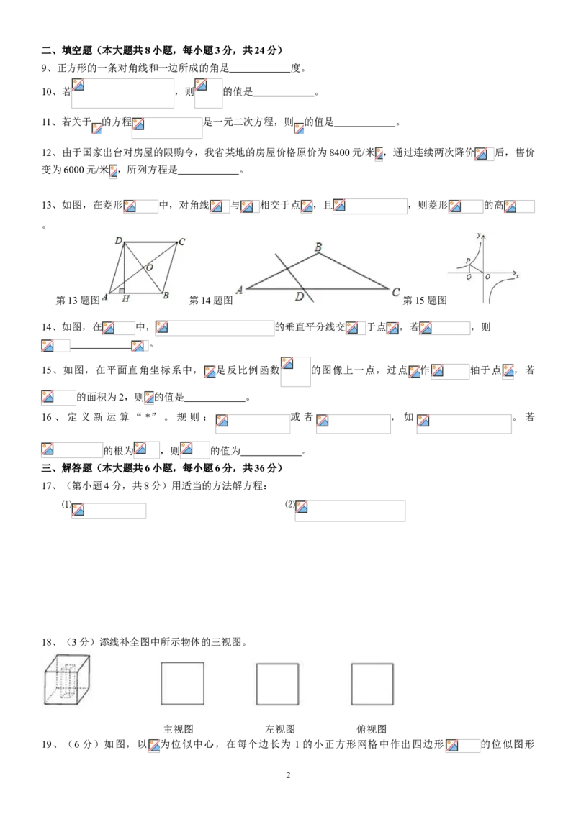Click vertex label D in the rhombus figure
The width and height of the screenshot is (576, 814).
point(119,240)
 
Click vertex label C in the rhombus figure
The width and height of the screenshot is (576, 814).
point(181,242)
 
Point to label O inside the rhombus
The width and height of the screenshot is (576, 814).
point(150,267)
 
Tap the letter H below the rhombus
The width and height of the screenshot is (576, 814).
point(125,298)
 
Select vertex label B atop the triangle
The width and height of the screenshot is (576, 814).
point(318,247)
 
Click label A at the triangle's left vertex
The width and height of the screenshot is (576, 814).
point(239,291)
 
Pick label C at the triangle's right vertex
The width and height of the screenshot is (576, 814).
point(396,292)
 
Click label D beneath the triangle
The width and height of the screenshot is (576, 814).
point(300,296)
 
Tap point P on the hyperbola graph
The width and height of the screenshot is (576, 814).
point(468,260)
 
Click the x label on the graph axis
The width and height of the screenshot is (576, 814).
point(517,276)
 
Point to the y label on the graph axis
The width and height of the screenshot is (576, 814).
point(478,234)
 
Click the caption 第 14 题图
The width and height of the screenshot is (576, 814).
point(210,300)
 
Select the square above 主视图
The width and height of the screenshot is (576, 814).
point(182,682)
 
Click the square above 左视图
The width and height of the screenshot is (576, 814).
point(278,684)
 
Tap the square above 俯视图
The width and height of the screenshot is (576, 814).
point(372,684)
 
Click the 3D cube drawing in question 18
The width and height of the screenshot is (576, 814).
point(66,680)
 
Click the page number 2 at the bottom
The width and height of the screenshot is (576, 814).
point(288,775)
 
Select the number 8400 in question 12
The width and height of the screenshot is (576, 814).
point(340,152)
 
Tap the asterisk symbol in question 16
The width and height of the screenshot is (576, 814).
point(148,416)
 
